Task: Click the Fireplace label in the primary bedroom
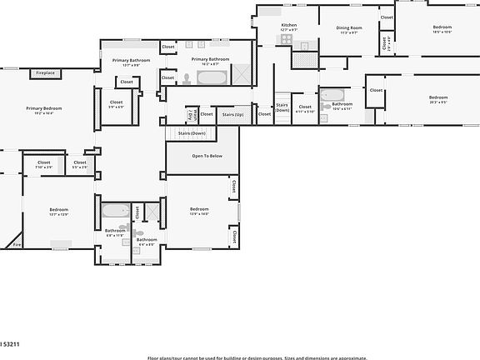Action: tap(45, 73)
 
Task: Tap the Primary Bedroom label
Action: tap(43, 108)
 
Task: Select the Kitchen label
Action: tap(288, 26)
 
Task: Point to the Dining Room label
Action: tap(347, 27)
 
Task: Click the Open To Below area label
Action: tap(207, 156)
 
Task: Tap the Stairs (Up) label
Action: tap(233, 114)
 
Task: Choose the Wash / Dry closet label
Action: tap(191, 114)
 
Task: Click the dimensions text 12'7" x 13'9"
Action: tap(58, 215)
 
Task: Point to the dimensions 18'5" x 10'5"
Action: tap(442, 32)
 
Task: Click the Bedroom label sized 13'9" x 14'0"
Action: tap(198, 208)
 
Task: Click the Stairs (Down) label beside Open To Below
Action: tap(192, 133)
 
